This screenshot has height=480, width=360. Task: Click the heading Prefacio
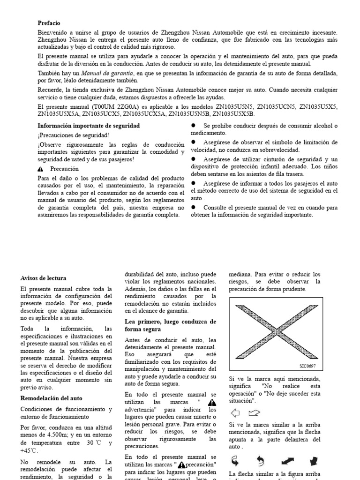[49, 22]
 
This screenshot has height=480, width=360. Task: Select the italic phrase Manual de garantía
[103, 73]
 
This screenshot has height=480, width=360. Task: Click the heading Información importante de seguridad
[88, 126]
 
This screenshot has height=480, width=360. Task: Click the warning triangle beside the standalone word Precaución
[41, 169]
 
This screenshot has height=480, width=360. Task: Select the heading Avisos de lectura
[43, 277]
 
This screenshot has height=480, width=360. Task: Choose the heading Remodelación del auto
[51, 398]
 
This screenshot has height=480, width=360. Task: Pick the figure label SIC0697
[308, 367]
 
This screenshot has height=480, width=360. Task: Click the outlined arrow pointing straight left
[235, 413]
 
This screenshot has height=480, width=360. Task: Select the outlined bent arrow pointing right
[254, 413]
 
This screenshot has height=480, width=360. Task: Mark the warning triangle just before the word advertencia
[212, 403]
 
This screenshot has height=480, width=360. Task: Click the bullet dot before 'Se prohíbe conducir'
[193, 126]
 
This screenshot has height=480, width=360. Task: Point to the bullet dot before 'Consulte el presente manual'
[193, 207]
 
